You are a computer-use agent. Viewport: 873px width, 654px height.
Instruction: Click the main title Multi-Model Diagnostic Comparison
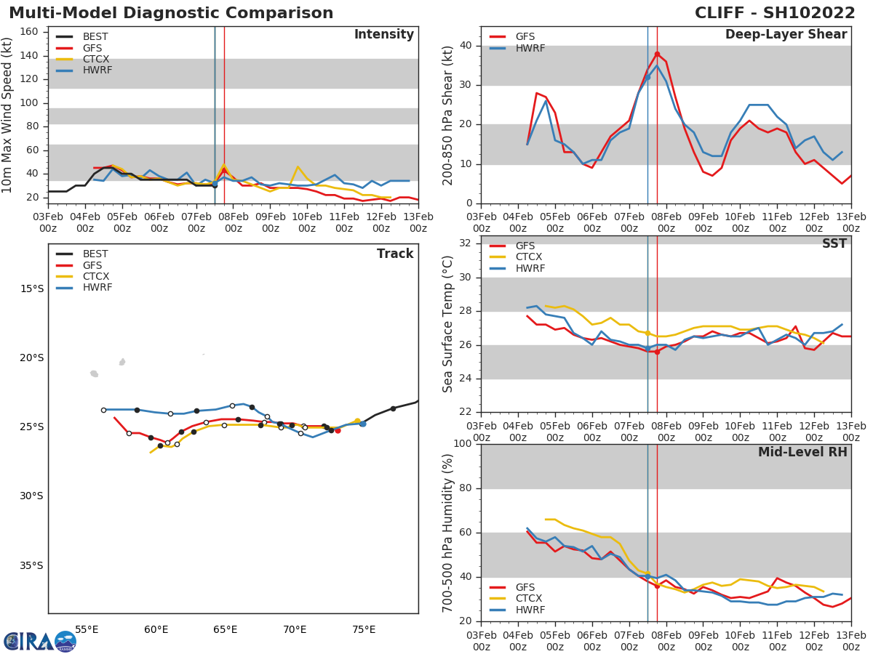point(171,13)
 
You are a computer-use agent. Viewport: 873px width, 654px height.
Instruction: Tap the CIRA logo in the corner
point(40,641)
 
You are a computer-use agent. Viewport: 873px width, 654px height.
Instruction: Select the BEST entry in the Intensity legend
point(95,36)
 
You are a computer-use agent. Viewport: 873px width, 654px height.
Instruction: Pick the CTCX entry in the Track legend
point(95,276)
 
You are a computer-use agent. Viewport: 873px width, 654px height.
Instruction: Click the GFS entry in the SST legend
point(525,246)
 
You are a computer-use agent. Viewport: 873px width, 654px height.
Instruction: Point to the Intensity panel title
point(383,35)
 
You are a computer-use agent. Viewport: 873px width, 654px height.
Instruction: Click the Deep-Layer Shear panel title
point(786,35)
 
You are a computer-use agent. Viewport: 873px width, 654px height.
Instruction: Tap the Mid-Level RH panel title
point(802,452)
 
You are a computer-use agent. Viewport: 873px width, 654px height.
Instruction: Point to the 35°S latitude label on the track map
point(31,565)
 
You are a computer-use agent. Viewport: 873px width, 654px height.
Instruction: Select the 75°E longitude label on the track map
point(364,629)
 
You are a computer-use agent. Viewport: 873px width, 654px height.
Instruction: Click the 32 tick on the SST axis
point(464,243)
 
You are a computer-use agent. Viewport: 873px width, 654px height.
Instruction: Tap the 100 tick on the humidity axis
point(461,444)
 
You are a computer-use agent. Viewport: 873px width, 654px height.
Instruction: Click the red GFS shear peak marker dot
point(657,54)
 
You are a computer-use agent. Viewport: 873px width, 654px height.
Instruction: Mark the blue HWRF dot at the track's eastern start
point(362,423)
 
